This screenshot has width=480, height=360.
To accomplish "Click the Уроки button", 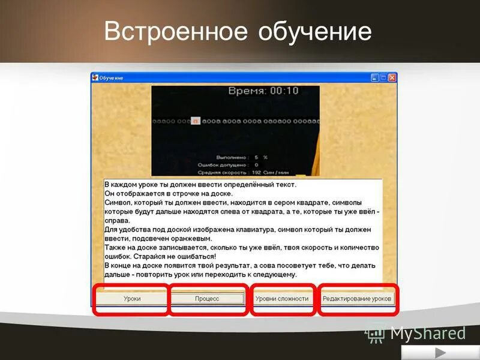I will [132, 298].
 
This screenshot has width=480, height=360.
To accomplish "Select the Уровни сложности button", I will [282, 298].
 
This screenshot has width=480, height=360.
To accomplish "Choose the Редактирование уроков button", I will [356, 298].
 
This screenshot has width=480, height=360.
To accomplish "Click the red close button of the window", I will [392, 78].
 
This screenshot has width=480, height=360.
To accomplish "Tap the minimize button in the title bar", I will [374, 78].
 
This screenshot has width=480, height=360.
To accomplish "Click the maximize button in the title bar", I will [383, 78].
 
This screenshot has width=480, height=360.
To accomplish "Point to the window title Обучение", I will [111, 78].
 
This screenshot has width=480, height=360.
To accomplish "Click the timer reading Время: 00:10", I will [263, 91].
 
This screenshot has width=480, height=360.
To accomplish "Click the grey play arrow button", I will [440, 352].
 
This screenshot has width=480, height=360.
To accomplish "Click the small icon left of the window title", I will [95, 78].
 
